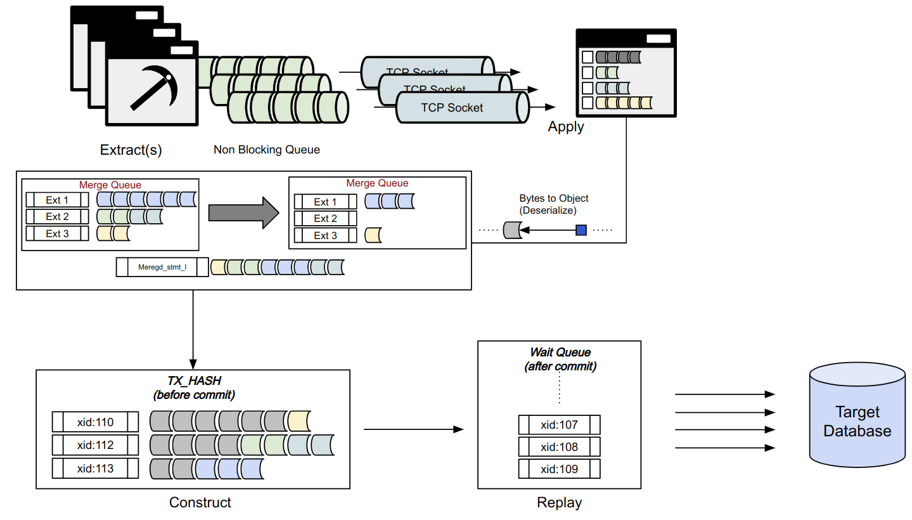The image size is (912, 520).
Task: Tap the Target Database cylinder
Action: (857, 422)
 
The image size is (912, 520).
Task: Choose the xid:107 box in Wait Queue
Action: (559, 424)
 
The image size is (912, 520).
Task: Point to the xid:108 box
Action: (559, 446)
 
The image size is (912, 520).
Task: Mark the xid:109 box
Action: (559, 469)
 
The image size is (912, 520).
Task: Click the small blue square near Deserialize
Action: (581, 230)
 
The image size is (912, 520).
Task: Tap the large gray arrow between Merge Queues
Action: (243, 212)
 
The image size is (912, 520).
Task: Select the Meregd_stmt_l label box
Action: (162, 267)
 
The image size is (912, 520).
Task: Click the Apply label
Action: (566, 127)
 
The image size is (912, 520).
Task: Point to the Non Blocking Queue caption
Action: (267, 150)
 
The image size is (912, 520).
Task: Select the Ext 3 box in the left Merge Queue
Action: (57, 233)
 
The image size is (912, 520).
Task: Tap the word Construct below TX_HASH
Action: (200, 503)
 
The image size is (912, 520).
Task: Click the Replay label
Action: (559, 503)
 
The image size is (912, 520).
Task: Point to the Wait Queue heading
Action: (560, 353)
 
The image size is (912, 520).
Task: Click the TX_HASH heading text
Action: (194, 380)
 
